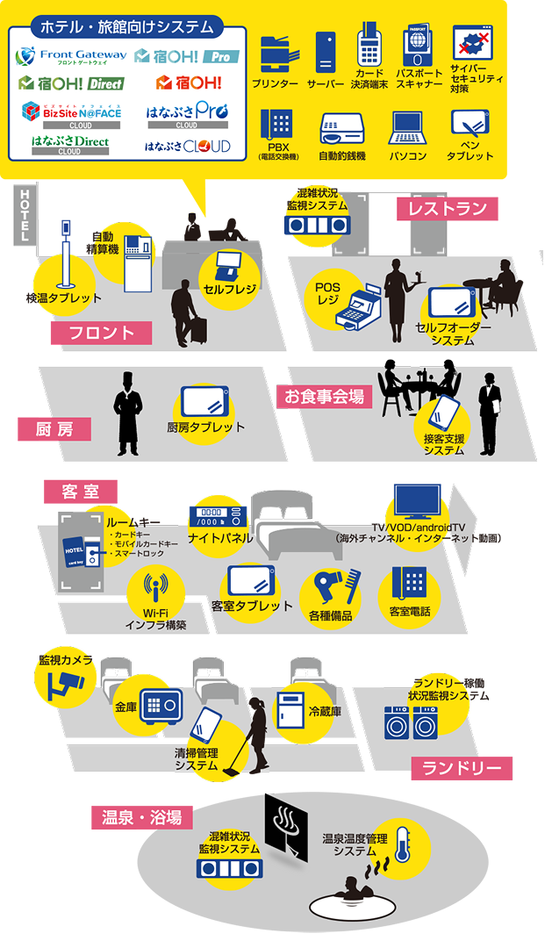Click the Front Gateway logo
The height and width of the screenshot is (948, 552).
71,56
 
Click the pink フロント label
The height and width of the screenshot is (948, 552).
101,333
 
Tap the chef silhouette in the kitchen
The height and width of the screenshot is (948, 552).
128,413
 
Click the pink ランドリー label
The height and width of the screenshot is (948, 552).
462,769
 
